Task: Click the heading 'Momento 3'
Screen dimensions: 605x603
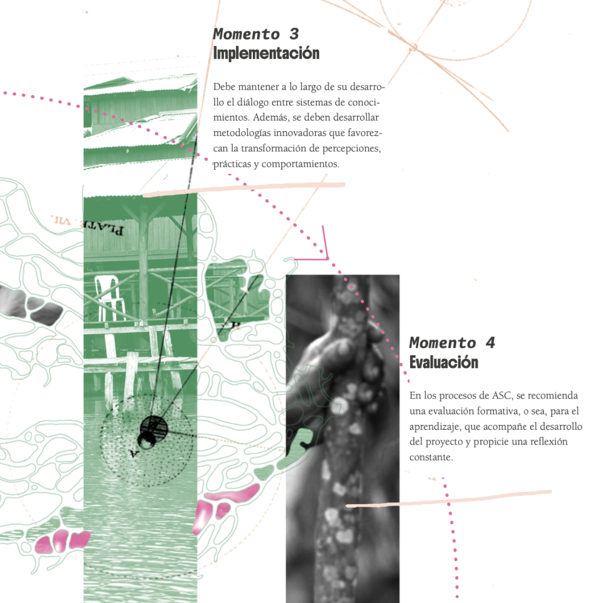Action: click(256, 34)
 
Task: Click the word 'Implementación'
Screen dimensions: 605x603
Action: click(266, 53)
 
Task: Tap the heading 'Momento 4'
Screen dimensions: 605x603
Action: click(452, 343)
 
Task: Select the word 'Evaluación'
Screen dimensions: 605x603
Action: click(444, 362)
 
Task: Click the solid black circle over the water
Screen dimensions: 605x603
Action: click(154, 428)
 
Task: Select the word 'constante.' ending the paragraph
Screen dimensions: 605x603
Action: click(431, 457)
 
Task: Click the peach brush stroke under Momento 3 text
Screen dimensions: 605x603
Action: click(244, 189)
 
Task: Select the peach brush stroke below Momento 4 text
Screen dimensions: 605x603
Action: click(448, 498)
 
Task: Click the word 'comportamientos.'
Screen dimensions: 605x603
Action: click(301, 164)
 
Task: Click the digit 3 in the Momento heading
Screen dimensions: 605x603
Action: click(294, 34)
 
